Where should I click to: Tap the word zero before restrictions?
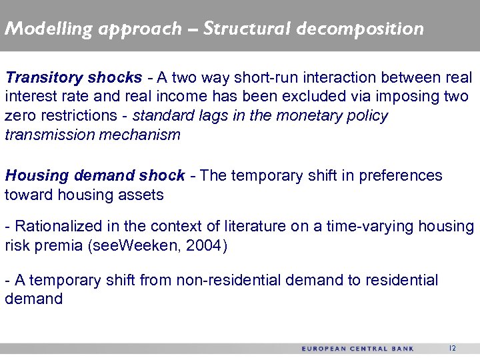[x=19, y=115]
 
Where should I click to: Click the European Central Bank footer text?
[x=357, y=349]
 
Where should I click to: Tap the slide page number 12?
[x=453, y=348]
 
